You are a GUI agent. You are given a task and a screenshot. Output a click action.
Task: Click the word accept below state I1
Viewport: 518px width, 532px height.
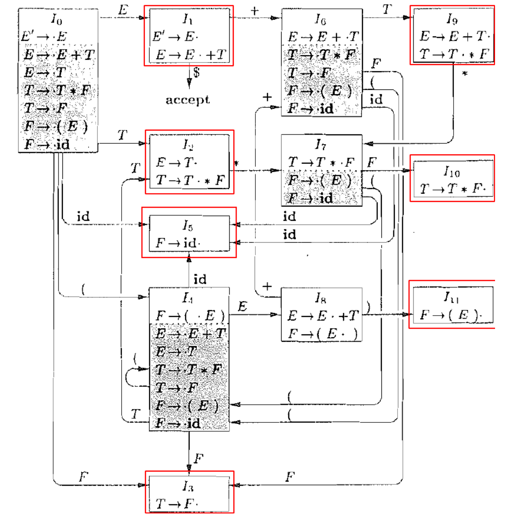[x=188, y=100]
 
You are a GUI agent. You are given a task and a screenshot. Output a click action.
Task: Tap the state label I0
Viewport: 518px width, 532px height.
[x=57, y=19]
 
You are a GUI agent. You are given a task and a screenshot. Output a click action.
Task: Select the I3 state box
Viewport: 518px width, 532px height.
[x=189, y=492]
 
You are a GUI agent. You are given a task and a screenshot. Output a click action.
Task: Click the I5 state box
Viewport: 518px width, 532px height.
[x=189, y=233]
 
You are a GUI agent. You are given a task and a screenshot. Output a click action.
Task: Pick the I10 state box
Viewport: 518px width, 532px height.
[x=452, y=178]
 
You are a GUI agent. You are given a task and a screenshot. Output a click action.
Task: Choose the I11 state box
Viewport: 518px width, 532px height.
[x=452, y=305]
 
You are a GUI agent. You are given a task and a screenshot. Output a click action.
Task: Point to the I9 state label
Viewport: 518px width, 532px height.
[x=452, y=19]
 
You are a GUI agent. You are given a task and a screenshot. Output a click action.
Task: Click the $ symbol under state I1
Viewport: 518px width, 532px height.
[x=197, y=72]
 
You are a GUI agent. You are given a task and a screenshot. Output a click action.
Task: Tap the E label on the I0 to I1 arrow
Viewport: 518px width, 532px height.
[x=123, y=10]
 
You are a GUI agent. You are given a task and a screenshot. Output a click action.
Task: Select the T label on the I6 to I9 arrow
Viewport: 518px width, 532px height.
[x=387, y=9]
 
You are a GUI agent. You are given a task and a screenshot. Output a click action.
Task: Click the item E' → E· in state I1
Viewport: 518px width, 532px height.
[x=175, y=37]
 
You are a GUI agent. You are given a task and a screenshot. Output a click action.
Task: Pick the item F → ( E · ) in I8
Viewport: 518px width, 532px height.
[x=322, y=334]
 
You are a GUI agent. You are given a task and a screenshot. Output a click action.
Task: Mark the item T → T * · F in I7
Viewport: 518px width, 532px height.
[x=321, y=162]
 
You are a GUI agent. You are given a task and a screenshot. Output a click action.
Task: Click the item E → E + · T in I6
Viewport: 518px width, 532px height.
[x=323, y=37]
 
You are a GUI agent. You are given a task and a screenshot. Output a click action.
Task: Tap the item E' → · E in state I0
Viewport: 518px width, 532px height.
[x=44, y=36]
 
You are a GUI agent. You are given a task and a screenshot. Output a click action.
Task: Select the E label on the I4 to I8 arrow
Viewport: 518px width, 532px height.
[x=242, y=307]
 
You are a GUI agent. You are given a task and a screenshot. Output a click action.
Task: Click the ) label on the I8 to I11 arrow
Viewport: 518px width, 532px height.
[x=368, y=306]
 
